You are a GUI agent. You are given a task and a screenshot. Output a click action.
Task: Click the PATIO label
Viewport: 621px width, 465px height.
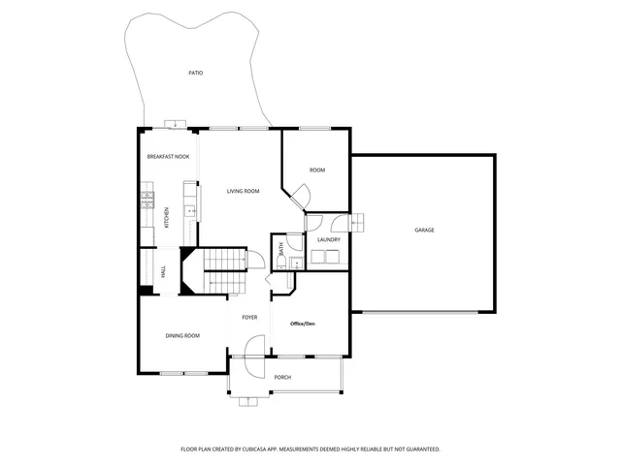click(195, 73)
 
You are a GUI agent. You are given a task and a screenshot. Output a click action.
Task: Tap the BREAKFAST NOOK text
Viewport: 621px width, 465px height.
click(168, 156)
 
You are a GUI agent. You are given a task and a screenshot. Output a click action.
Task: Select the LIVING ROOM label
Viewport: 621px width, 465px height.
click(243, 191)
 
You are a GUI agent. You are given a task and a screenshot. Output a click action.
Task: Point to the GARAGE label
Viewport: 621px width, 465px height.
click(424, 230)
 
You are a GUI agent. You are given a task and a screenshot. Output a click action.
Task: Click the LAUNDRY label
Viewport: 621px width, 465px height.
click(328, 239)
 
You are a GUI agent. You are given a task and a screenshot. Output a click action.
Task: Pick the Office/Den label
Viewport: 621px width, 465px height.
click(303, 323)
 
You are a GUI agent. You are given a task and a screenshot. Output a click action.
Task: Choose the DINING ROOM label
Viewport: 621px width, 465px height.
click(182, 335)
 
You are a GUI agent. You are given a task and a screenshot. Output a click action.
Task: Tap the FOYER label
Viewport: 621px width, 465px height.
click(250, 317)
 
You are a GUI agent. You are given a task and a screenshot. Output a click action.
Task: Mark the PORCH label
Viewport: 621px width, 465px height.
click(282, 377)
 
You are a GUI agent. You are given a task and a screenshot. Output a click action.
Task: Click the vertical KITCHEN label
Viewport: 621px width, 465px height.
click(167, 218)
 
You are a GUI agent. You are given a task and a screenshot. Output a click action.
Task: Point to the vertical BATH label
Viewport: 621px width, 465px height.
click(280, 248)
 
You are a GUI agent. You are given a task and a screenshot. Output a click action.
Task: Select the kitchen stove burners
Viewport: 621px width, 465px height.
click(147, 201)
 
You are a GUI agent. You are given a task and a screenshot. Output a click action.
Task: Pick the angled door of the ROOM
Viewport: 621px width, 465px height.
click(300, 199)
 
